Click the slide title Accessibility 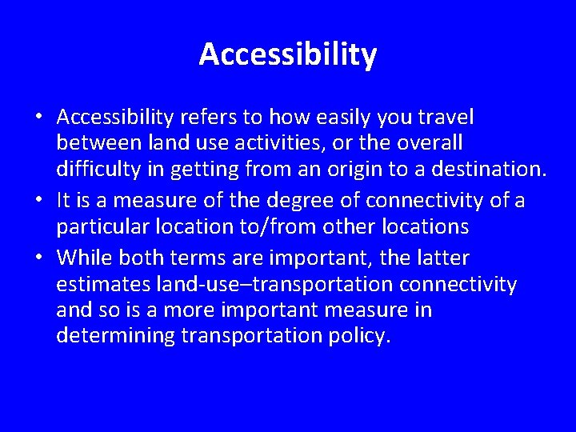point(287,54)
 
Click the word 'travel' point(444,118)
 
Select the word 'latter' point(444,258)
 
